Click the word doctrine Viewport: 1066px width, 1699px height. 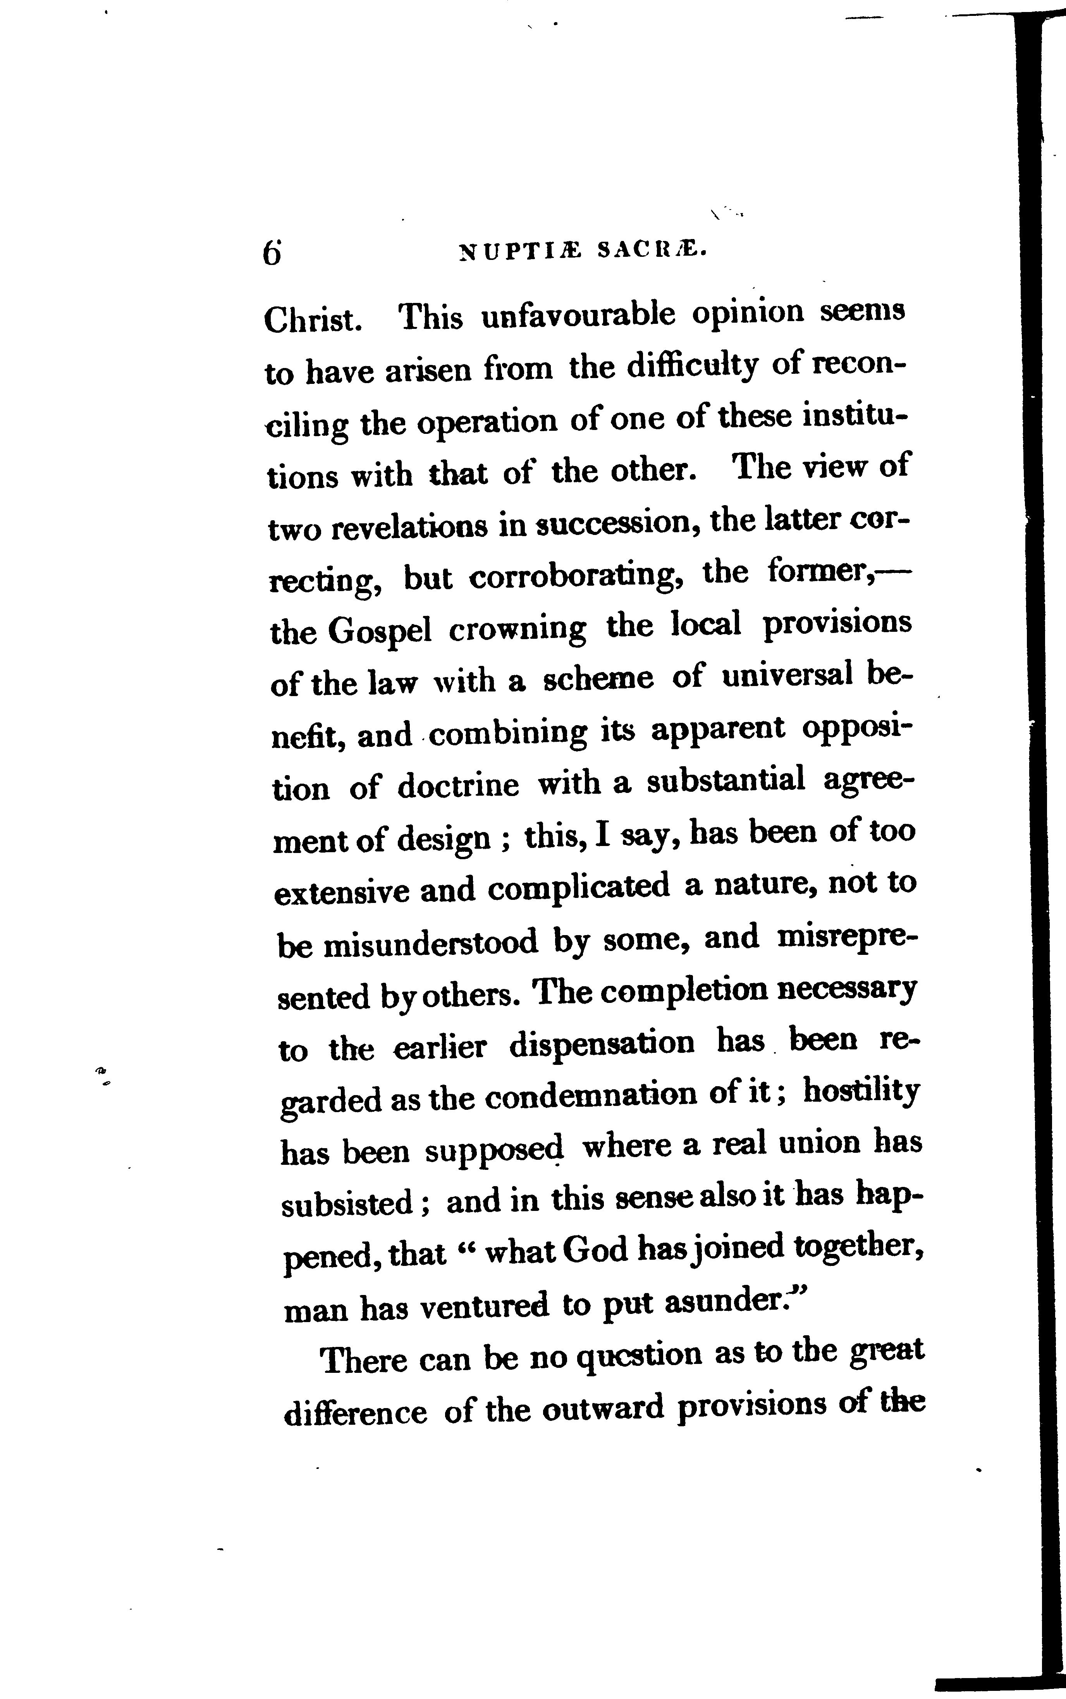click(458, 785)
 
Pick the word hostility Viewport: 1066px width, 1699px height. click(861, 1093)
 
